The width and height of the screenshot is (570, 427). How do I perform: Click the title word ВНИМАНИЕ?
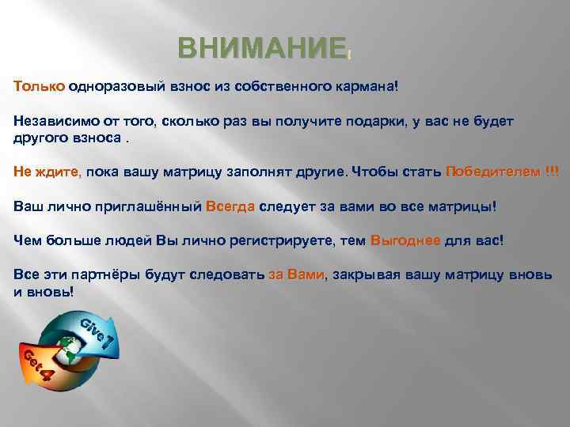[x=261, y=49]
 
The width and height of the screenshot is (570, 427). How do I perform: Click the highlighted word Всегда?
[x=230, y=206]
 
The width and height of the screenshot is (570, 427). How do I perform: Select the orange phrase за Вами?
[x=296, y=276]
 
